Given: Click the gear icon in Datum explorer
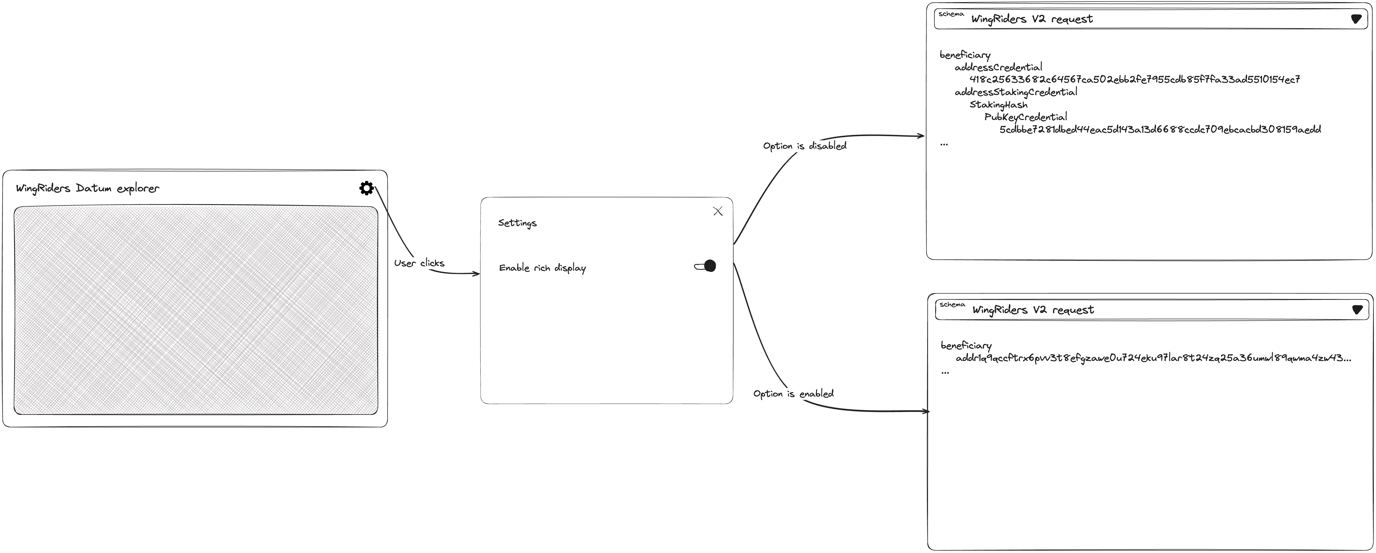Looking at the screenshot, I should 367,188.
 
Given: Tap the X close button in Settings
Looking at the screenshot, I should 718,211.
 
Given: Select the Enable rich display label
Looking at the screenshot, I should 542,268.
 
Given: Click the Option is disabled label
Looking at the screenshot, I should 804,146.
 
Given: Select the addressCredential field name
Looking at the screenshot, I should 998,67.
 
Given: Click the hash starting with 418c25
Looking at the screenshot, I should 1135,80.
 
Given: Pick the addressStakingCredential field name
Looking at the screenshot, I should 1016,92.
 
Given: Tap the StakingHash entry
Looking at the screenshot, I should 998,105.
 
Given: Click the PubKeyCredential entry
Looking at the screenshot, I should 1025,117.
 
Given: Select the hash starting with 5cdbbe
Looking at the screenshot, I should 1160,129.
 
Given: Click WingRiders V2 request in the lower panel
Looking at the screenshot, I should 1033,310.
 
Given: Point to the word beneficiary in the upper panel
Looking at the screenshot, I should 965,55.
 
